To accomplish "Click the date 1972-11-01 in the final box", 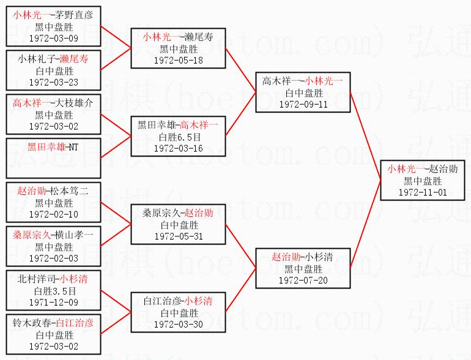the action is [423, 191].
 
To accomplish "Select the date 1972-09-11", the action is [303, 104].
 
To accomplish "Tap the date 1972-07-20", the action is [303, 279].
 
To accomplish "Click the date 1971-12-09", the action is [53, 301].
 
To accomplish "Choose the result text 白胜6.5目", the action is [178, 136].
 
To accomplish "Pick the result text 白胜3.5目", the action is [53, 290].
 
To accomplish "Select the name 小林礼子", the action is [35, 59].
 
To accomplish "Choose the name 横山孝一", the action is [73, 235].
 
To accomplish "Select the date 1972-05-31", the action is [178, 236].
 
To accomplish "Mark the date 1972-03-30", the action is [178, 324].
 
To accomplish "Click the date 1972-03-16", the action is [178, 148].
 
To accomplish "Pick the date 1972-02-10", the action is [53, 214].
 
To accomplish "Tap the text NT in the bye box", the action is [73, 147].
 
